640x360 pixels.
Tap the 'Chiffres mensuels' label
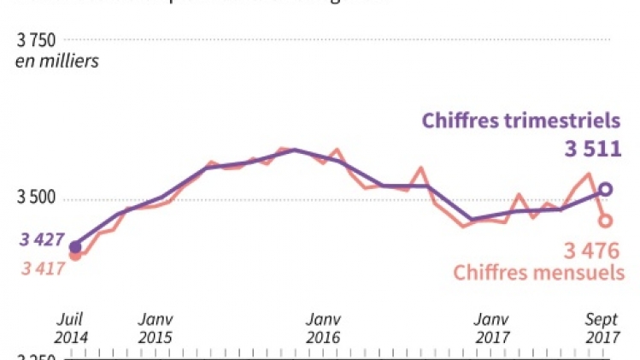click(537, 273)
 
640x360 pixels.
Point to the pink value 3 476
click(591, 251)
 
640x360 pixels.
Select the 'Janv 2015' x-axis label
click(155, 328)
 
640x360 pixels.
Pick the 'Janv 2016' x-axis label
click(323, 328)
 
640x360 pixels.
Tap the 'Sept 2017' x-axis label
click(602, 328)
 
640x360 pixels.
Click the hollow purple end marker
click(605, 190)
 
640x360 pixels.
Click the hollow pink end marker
click(605, 221)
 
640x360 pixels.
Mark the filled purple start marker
click(75, 246)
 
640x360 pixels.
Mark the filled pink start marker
click(75, 254)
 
